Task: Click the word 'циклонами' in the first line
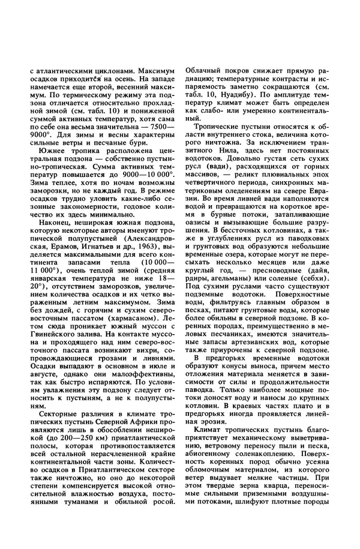102,71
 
